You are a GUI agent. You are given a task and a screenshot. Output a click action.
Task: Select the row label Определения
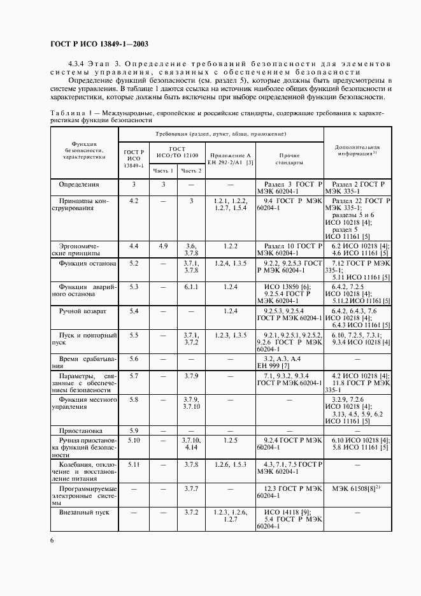79,184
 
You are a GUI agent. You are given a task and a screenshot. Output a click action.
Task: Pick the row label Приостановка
84,430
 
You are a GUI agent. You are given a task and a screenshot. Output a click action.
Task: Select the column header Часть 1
163,170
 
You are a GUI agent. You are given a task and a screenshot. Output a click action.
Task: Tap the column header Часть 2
191,170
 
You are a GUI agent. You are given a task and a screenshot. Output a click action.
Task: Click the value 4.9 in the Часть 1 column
163,245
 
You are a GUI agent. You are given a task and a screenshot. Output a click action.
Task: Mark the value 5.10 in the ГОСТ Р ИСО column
134,439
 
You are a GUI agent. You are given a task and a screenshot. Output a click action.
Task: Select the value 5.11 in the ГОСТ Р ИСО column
134,464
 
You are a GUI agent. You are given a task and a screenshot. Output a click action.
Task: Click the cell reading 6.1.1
191,287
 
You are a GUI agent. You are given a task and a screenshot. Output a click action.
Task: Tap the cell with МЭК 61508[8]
355,489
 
